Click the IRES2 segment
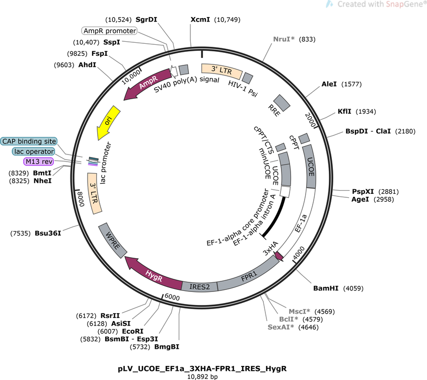click(199, 286)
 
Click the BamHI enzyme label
click(326, 288)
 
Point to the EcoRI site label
click(132, 331)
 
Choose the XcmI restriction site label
click(200, 20)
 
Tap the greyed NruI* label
click(284, 39)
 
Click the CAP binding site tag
click(29, 141)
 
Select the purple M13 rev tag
click(39, 162)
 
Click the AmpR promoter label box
click(109, 31)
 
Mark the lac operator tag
click(34, 151)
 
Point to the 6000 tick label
click(172, 297)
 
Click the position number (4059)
click(353, 288)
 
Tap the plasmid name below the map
click(202, 368)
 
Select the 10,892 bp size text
click(202, 377)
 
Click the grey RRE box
click(282, 103)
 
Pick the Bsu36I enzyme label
click(48, 233)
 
